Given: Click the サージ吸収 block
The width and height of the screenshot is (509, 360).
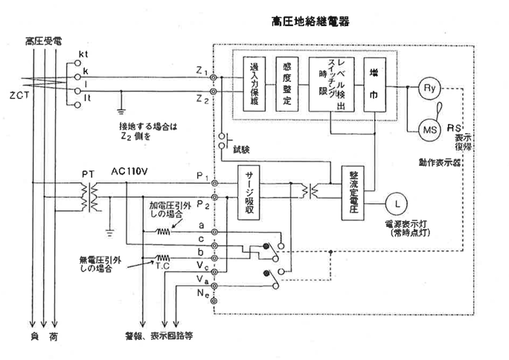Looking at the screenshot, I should point(250,195).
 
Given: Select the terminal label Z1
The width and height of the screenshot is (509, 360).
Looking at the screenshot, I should point(202,71).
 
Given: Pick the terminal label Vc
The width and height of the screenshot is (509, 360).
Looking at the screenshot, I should point(202,264).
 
